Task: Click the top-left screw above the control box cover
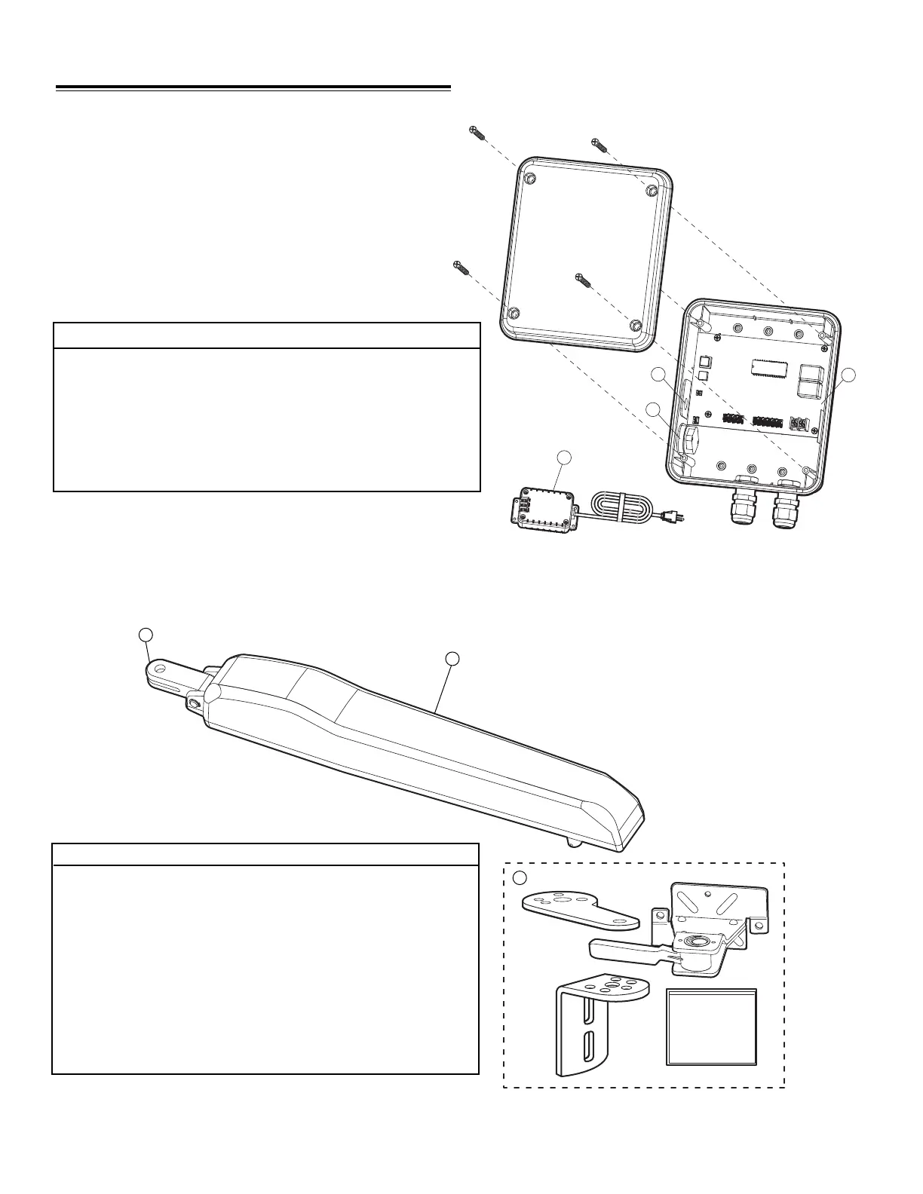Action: coord(476,133)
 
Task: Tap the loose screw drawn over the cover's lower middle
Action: coord(582,280)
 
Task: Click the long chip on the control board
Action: coord(768,366)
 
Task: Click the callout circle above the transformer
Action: coord(565,458)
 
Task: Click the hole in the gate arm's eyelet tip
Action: coord(160,669)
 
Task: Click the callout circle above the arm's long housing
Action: coord(452,659)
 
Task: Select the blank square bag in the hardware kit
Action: coord(711,1027)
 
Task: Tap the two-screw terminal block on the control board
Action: coord(798,424)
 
